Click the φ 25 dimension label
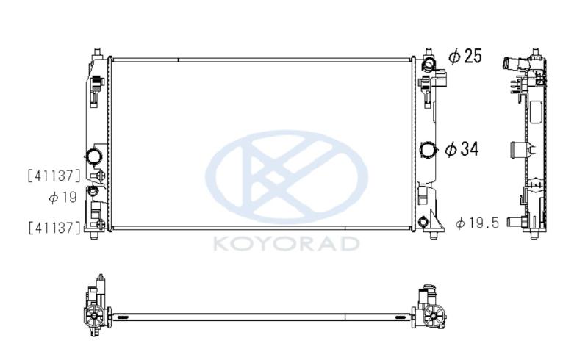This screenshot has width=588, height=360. pyautogui.click(x=465, y=57)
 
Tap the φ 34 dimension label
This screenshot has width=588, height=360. pyautogui.click(x=462, y=149)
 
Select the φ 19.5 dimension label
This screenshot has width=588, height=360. pyautogui.click(x=477, y=223)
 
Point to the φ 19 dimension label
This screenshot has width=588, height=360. pyautogui.click(x=62, y=197)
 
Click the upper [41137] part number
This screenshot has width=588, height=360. pyautogui.click(x=54, y=176)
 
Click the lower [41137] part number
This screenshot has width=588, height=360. pyautogui.click(x=54, y=227)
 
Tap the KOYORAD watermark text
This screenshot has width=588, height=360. pyautogui.click(x=287, y=243)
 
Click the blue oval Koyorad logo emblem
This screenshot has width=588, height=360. pyautogui.click(x=287, y=176)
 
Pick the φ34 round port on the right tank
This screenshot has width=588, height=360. pyautogui.click(x=429, y=150)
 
